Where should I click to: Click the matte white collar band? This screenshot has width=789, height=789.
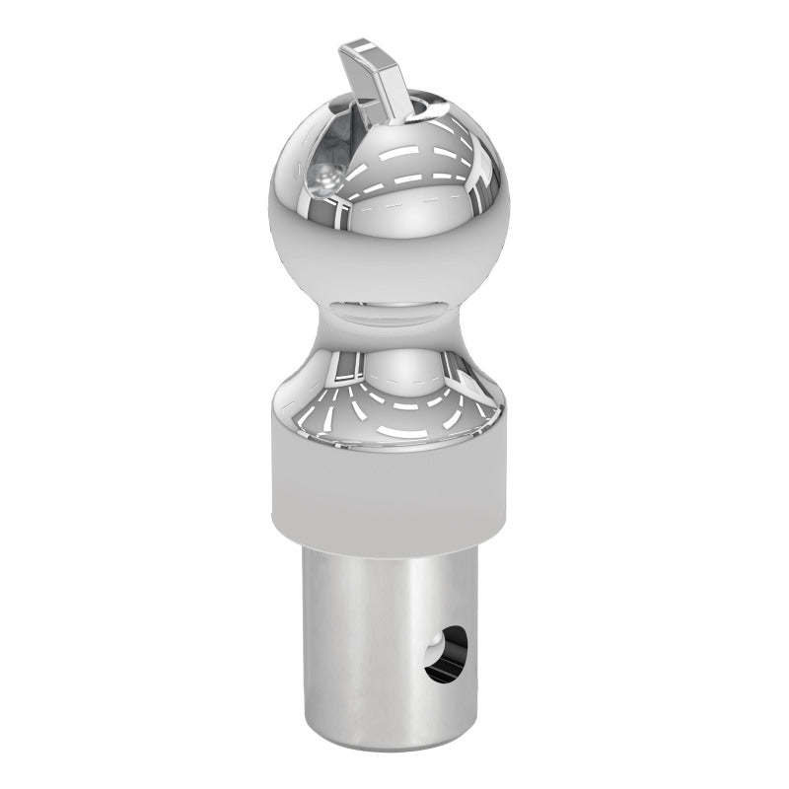(390, 483)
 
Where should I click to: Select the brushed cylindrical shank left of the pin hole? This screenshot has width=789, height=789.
(355, 641)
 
